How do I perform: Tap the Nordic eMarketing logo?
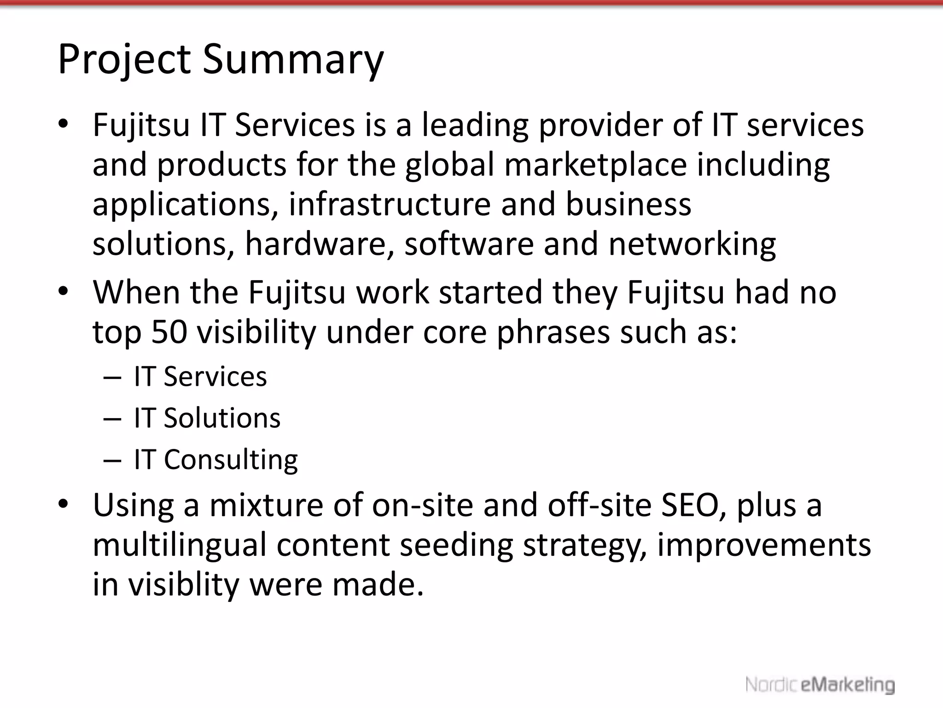tap(820, 684)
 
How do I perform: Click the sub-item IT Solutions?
tap(207, 418)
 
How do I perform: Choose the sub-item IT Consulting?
tap(215, 460)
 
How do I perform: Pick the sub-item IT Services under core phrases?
tap(200, 377)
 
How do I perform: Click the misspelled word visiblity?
tap(183, 584)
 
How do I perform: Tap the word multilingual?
tap(179, 545)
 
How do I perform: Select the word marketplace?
tap(595, 165)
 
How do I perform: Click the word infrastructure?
tap(390, 204)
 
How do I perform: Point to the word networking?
tap(692, 244)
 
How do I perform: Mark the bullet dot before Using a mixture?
tap(63, 503)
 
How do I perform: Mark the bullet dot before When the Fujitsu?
tap(63, 291)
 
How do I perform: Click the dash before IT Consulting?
tap(112, 460)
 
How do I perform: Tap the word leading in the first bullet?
tap(475, 125)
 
